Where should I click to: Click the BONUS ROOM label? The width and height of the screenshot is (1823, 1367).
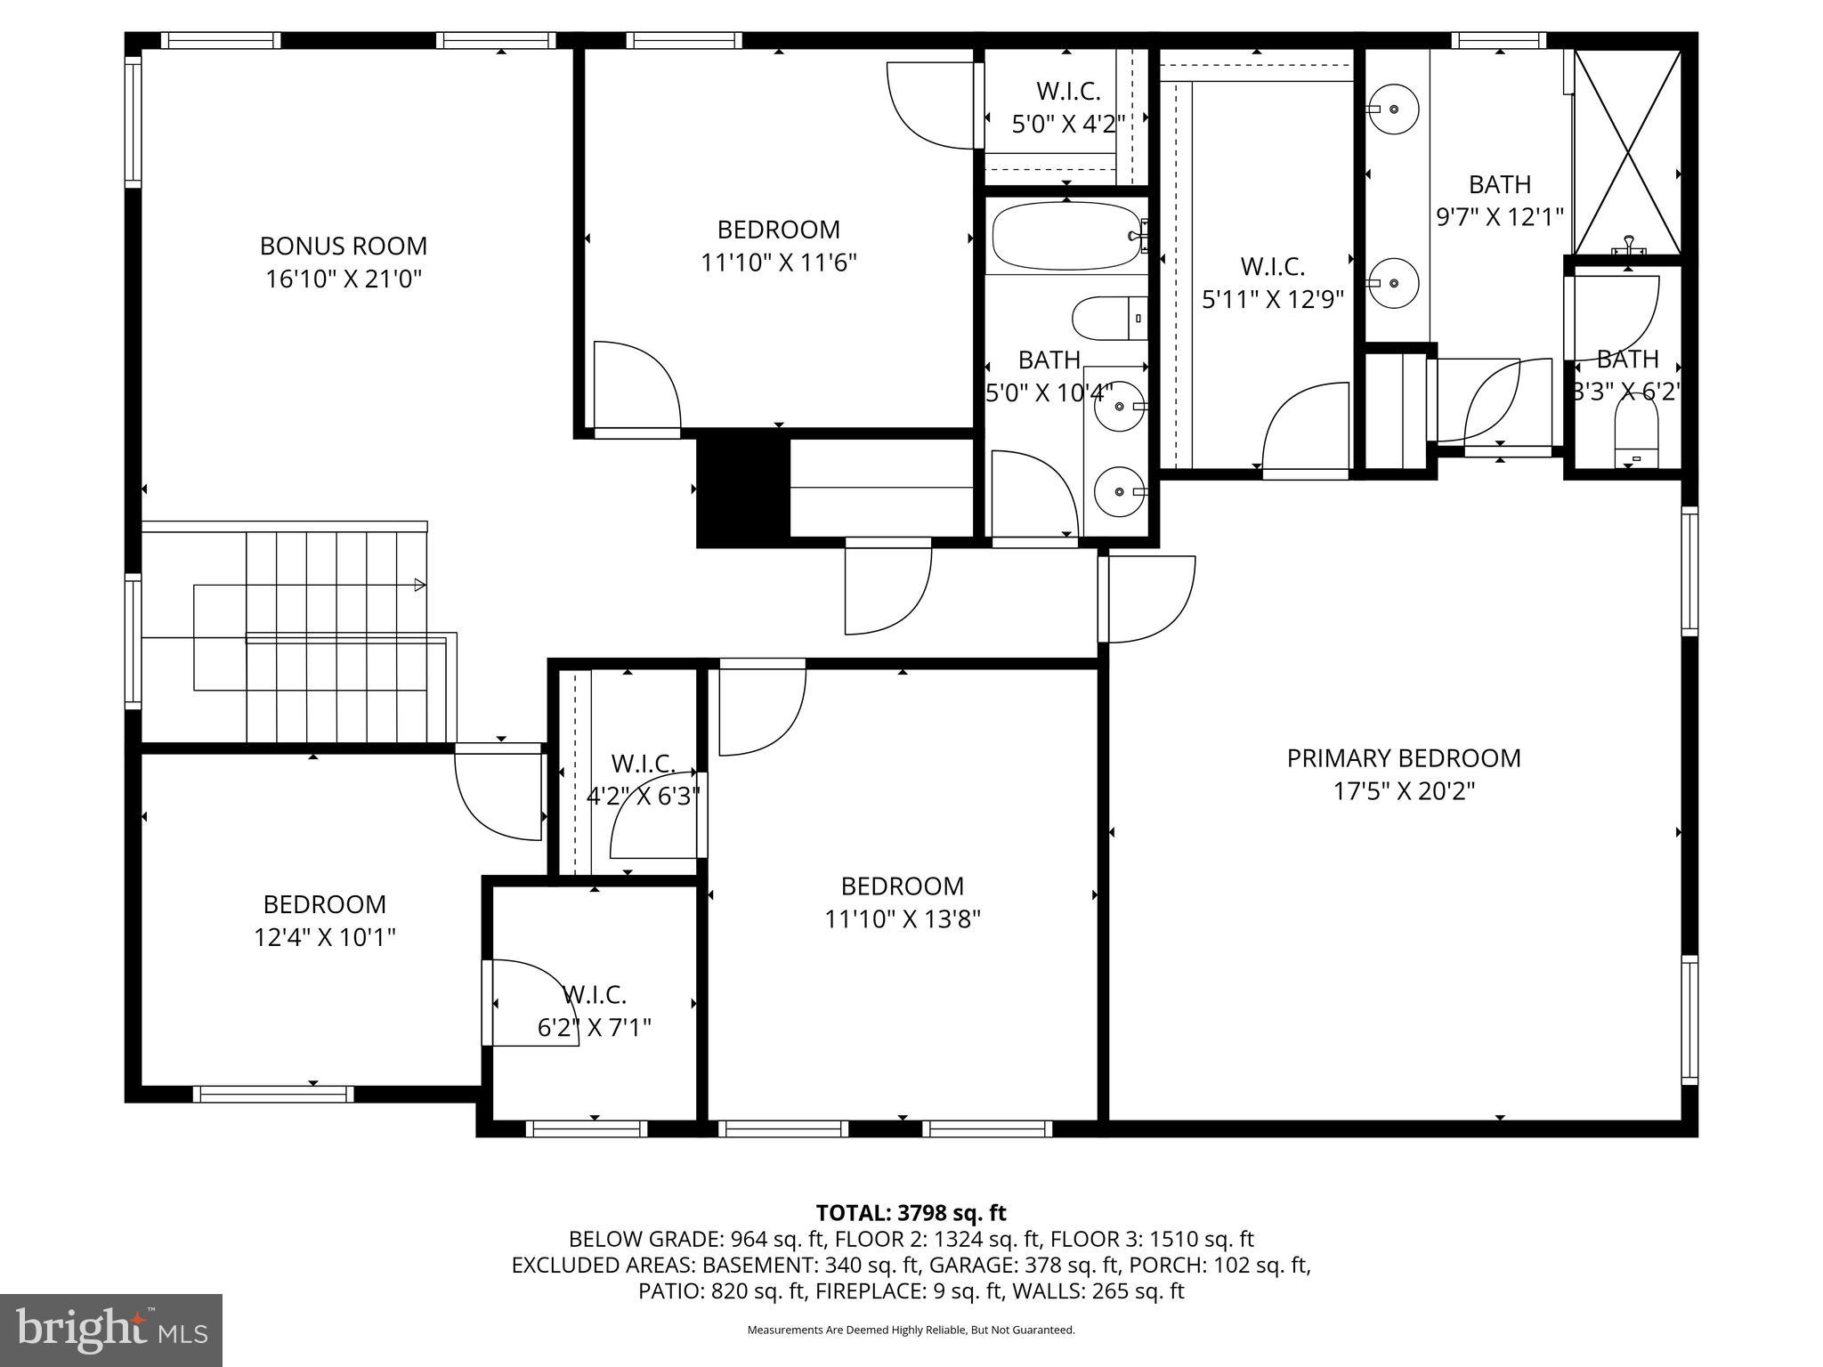[x=343, y=246]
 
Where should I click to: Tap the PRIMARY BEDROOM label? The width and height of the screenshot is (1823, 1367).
[x=1403, y=758]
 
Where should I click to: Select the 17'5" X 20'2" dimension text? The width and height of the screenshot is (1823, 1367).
[x=1403, y=791]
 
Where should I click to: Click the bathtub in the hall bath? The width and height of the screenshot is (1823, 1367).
[x=1065, y=236]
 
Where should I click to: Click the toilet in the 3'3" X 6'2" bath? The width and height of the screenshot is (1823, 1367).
[x=1636, y=439]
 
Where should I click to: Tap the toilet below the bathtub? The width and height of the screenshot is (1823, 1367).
[x=1107, y=318]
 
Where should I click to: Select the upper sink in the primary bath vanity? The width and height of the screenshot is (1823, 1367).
[x=1394, y=109]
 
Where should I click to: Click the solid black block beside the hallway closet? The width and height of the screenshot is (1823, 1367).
[x=742, y=489]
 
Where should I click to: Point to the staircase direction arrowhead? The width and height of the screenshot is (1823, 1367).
[x=420, y=585]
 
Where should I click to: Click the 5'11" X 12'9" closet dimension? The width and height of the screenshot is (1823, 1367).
[x=1272, y=299]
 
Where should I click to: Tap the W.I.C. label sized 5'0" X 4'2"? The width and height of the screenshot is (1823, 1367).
[x=1068, y=91]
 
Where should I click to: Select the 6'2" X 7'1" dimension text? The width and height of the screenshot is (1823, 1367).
[x=594, y=1028]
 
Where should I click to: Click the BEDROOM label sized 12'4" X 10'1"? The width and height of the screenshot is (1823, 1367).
[x=324, y=904]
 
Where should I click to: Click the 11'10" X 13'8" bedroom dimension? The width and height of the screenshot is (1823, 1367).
[x=902, y=919]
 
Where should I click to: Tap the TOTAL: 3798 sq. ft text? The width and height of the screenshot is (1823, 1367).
[x=911, y=1212]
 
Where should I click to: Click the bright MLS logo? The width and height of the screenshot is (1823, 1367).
[x=111, y=1330]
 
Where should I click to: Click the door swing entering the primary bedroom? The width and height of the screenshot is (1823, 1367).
[x=1148, y=599]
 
